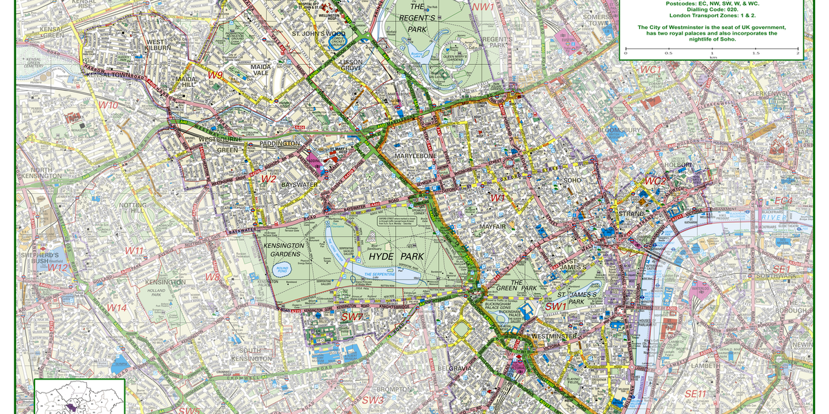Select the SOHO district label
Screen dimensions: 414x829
(573, 181)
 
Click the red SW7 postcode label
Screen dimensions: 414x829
(352, 316)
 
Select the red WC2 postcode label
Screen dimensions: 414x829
(656, 181)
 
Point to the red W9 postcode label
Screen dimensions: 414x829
(216, 75)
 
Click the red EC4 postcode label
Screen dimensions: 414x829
(783, 201)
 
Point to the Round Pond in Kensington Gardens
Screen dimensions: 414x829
(282, 270)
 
